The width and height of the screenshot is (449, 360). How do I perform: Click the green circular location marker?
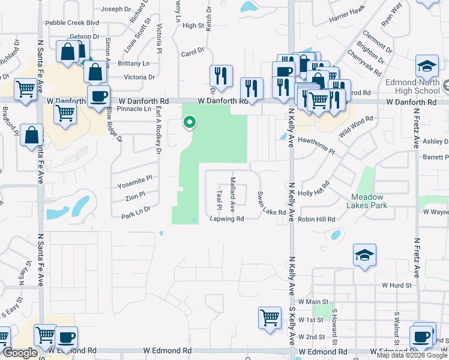(190, 123)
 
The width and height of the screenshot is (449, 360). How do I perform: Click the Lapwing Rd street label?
(226, 219)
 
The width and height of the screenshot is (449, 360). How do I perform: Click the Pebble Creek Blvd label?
(72, 22)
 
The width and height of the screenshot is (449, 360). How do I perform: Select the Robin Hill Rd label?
(316, 220)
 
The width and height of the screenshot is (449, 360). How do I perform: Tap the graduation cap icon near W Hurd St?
(364, 255)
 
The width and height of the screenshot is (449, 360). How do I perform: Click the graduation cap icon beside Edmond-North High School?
(427, 65)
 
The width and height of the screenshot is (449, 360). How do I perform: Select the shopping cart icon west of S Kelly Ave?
(270, 318)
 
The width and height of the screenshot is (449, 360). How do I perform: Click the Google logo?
(20, 353)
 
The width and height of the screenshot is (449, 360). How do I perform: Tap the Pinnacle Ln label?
(134, 109)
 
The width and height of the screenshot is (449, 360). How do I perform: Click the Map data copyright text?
(412, 355)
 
